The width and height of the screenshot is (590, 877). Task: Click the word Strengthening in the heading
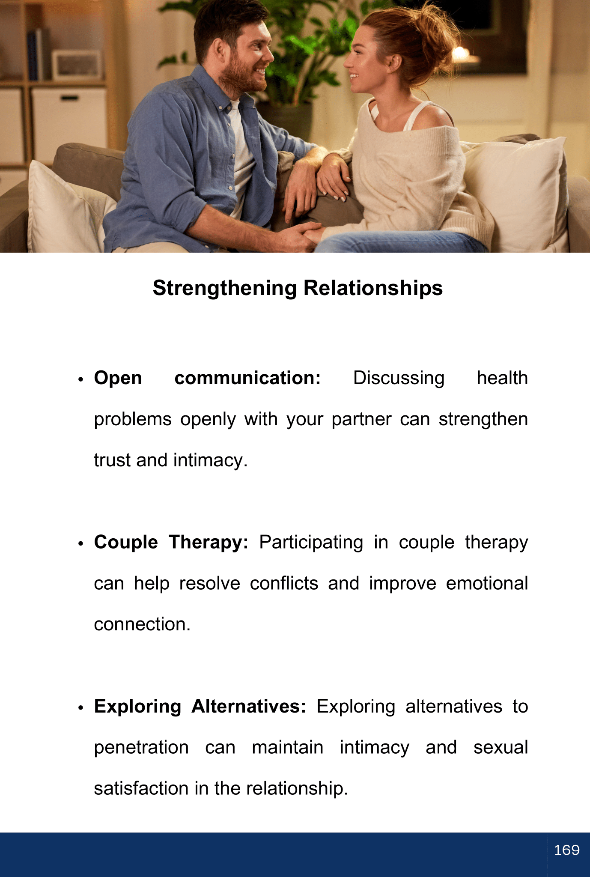225,289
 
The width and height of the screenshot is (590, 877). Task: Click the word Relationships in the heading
373,288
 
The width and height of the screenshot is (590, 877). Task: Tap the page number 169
567,850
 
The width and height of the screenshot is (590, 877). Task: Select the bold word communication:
247,378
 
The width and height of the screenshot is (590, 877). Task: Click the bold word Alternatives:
249,707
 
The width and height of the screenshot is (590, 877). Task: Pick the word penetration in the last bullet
141,748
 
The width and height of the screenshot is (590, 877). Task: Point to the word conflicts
284,583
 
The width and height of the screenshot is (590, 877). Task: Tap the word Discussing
399,379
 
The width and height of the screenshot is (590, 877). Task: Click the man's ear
219,51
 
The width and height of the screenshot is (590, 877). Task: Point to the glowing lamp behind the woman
461,54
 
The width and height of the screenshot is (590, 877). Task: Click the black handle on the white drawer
69,98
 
